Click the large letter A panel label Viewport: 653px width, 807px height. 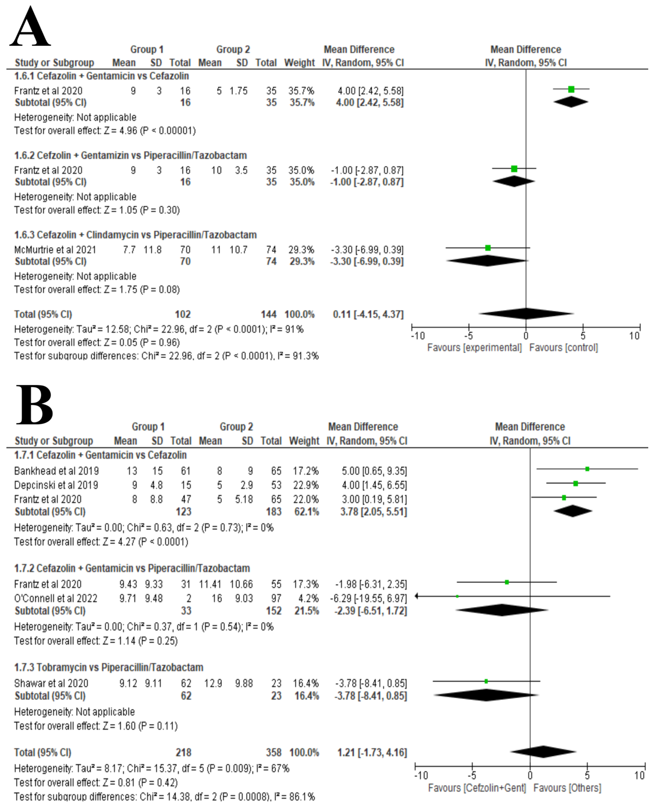coord(30,27)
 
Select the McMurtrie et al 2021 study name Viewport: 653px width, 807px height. coord(55,250)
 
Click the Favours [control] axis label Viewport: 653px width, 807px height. coord(563,347)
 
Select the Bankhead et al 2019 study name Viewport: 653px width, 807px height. coord(56,471)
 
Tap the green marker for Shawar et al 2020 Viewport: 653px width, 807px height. coord(486,681)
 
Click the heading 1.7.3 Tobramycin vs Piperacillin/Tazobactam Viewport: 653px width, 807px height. coord(109,667)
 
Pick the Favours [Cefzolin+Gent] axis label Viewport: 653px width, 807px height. coord(477,788)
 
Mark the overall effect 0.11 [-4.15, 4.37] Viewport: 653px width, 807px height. coord(368,314)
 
